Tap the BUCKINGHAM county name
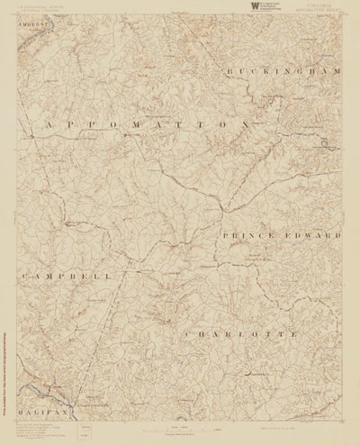coord(282,71)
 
